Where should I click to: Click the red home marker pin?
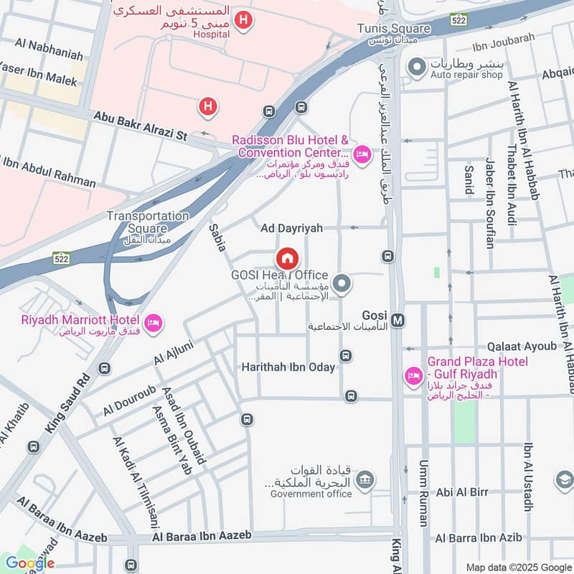(x=287, y=258)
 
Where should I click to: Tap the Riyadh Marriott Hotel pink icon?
(x=152, y=324)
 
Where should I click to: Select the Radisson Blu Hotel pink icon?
(x=362, y=154)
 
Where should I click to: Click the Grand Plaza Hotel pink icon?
(x=413, y=375)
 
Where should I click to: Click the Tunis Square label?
(x=394, y=29)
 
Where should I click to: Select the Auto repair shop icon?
(x=415, y=68)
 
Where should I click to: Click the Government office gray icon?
(x=365, y=479)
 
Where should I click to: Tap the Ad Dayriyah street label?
(x=291, y=227)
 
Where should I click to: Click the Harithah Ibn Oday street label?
(x=288, y=367)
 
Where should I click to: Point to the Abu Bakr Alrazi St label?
(x=141, y=126)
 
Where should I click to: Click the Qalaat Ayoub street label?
(x=522, y=346)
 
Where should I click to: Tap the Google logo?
(x=30, y=563)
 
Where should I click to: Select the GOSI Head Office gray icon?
(x=342, y=284)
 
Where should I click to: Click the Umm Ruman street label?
(x=423, y=493)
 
